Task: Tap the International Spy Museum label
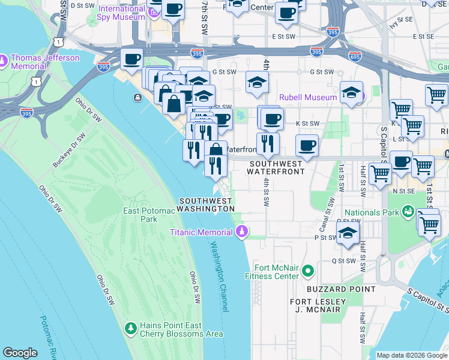[122, 13]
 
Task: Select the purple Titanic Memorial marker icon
[242, 232]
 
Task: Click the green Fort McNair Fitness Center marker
[308, 272]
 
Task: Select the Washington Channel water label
[220, 277]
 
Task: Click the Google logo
[20, 353]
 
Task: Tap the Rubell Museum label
[309, 97]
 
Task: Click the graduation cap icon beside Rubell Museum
[351, 92]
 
